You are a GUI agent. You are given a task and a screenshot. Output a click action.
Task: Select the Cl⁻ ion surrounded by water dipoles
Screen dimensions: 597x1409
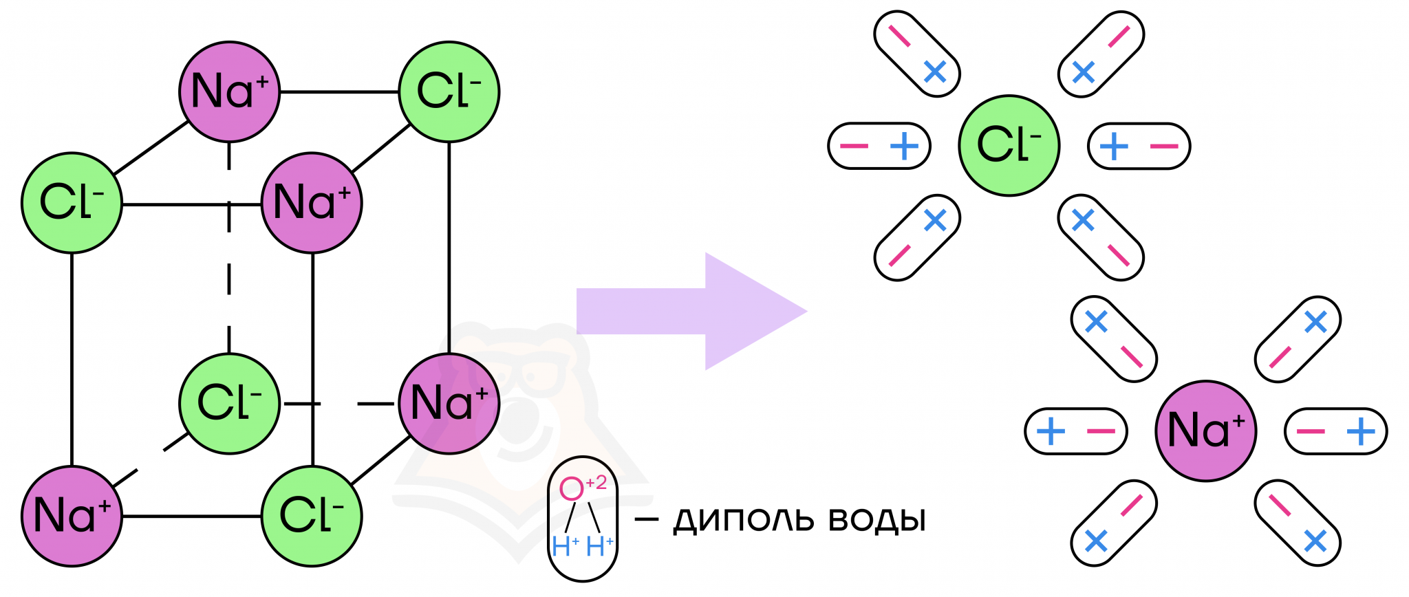click(1009, 146)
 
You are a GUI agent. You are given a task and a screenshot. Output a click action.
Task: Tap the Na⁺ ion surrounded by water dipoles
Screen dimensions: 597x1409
click(1205, 431)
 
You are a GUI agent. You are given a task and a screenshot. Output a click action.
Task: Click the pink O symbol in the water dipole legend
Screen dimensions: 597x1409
click(571, 489)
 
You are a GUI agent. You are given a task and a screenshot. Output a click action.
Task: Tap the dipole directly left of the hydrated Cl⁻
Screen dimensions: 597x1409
click(879, 146)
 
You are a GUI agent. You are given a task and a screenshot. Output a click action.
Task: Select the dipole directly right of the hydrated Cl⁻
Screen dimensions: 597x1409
click(1139, 146)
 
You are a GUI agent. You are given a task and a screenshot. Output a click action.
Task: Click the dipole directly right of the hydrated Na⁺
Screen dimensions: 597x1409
click(1335, 431)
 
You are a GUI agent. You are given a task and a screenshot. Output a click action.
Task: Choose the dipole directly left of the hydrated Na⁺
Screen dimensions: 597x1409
click(1075, 431)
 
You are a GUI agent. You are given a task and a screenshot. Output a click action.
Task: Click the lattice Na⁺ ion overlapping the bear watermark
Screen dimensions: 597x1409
click(449, 404)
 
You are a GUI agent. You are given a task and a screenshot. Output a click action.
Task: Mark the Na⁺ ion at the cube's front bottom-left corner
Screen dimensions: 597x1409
click(72, 516)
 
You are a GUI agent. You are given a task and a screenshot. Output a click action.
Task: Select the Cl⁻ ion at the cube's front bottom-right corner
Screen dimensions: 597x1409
click(312, 516)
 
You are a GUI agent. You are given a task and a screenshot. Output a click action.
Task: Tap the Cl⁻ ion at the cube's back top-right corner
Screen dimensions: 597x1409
click(449, 91)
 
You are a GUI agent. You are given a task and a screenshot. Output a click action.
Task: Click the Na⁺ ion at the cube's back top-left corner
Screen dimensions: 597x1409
click(229, 91)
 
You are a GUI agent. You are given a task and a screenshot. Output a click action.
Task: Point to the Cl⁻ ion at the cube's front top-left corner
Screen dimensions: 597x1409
click(72, 203)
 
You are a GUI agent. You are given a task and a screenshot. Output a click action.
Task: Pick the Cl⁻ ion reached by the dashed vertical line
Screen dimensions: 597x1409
click(229, 404)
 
